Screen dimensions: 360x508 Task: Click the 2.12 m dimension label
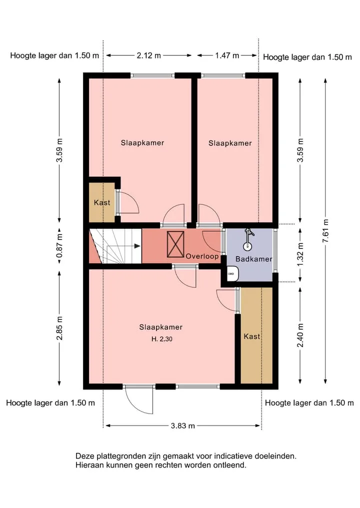tap(148, 55)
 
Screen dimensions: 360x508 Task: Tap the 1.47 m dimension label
tap(227, 55)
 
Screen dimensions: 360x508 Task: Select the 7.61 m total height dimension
tap(326, 231)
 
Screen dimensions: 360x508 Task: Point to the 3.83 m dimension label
tap(183, 426)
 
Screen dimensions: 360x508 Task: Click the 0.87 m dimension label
tap(59, 247)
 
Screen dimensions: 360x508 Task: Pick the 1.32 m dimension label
tap(300, 254)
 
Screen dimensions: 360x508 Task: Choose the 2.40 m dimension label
tap(300, 335)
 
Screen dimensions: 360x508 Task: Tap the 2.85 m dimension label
tap(59, 328)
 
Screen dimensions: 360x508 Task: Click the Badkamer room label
tap(253, 259)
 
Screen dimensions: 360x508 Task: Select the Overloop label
tap(202, 256)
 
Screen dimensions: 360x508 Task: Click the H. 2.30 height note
tap(162, 339)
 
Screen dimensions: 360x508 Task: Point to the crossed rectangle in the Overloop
tap(175, 244)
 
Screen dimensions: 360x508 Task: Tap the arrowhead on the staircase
tap(137, 246)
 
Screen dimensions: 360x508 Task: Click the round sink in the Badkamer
tap(247, 246)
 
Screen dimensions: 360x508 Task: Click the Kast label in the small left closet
tap(102, 203)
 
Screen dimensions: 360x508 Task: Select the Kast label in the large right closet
tap(252, 337)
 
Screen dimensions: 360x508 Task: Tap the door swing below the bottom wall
tap(139, 401)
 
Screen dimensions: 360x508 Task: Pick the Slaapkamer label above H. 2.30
tap(161, 327)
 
